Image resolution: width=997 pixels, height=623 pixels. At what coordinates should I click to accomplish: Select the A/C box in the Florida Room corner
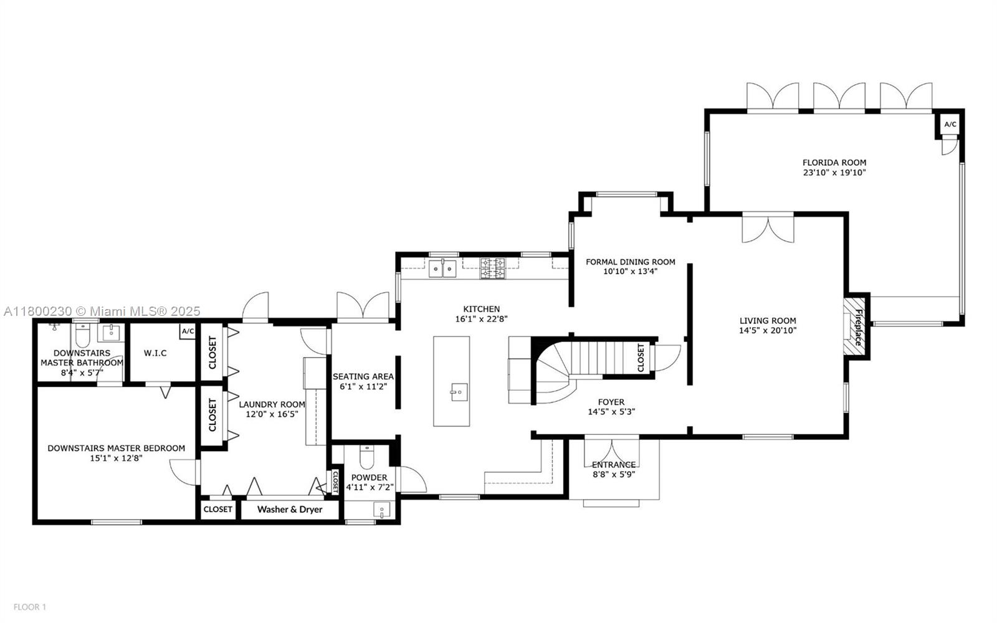click(x=950, y=125)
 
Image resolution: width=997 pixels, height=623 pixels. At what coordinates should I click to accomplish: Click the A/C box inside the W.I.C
click(x=188, y=331)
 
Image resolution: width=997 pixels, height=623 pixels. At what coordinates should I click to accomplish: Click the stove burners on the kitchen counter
click(x=492, y=269)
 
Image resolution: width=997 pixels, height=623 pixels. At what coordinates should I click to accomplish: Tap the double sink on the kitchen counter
click(x=442, y=269)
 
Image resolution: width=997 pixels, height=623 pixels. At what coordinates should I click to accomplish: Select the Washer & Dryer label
click(x=290, y=510)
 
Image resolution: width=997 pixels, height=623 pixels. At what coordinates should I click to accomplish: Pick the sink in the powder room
click(x=381, y=511)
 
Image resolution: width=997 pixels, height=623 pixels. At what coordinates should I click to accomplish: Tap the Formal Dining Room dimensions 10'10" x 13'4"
click(x=630, y=272)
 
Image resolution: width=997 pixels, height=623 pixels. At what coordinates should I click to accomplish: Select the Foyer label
click(x=611, y=402)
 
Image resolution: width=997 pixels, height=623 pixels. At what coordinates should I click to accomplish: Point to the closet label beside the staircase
click(x=641, y=358)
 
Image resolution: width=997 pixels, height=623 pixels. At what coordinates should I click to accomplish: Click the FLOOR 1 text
click(x=30, y=607)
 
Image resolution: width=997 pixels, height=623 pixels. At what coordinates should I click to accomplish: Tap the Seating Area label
click(x=363, y=376)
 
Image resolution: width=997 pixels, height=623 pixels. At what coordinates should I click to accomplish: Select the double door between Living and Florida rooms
click(x=768, y=228)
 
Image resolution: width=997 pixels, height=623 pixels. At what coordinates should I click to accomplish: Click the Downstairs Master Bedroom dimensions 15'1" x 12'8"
click(x=116, y=459)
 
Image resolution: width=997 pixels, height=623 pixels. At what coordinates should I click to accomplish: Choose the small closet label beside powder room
click(x=334, y=481)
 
